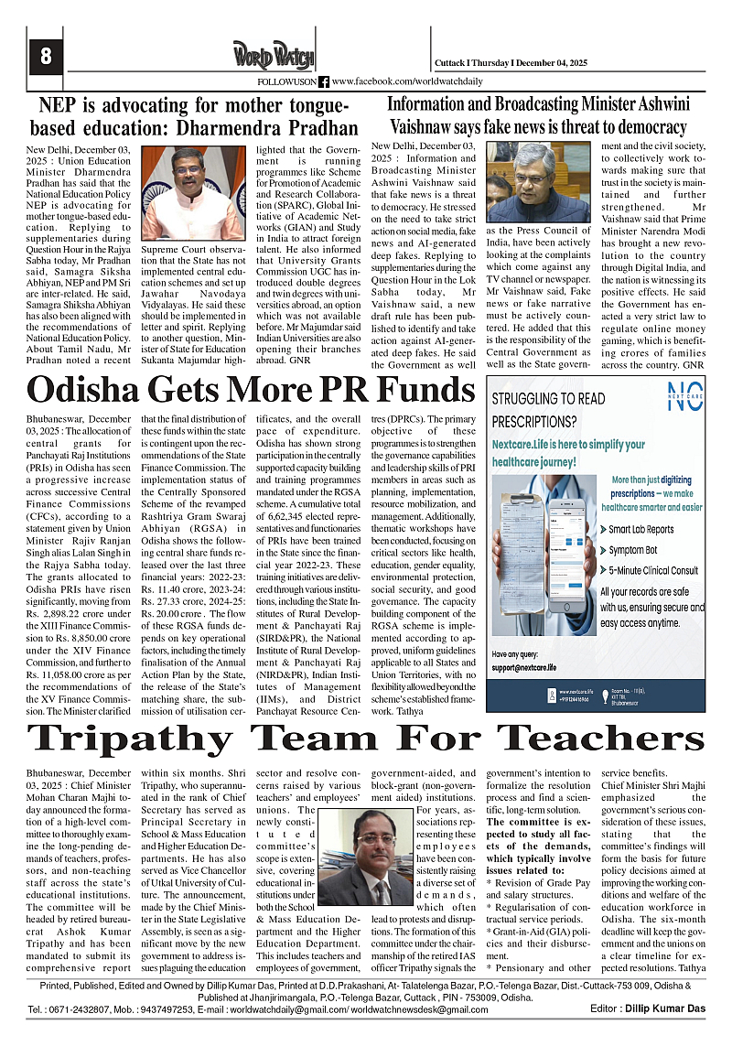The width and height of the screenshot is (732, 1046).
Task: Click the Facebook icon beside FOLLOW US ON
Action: (324, 82)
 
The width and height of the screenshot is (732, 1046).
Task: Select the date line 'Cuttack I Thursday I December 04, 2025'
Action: (511, 62)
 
